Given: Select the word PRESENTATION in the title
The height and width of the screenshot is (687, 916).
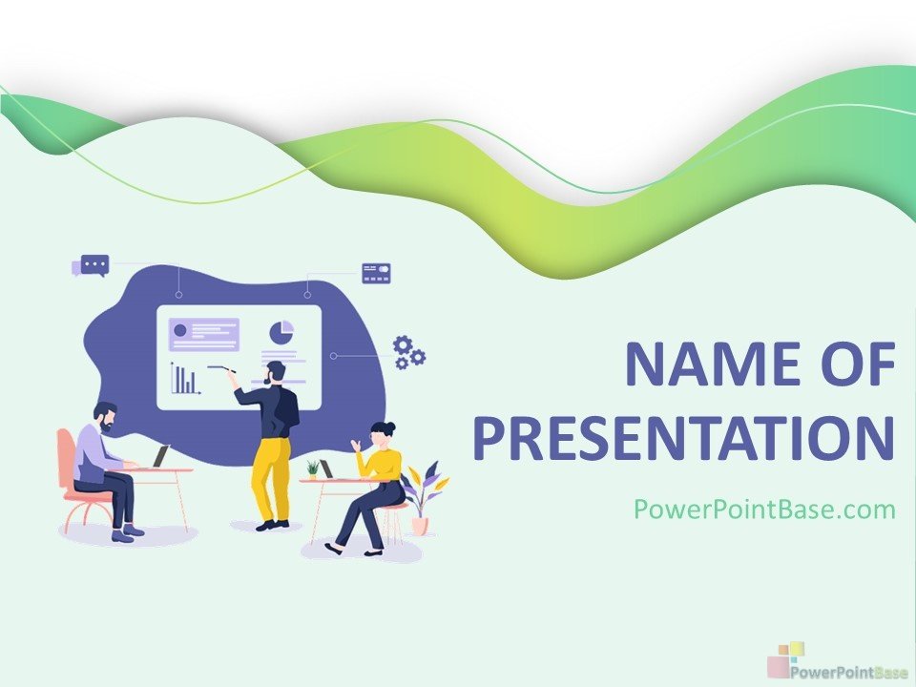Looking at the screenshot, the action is [x=684, y=438].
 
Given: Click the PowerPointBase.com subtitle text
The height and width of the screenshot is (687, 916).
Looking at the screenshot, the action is [x=764, y=509].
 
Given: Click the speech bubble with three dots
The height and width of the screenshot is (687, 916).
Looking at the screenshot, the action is [x=92, y=266].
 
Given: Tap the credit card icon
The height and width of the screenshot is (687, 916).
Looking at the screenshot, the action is [x=376, y=273].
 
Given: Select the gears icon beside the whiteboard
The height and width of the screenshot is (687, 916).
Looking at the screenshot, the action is [x=409, y=352].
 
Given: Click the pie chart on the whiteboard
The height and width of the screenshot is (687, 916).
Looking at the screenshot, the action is [x=281, y=332].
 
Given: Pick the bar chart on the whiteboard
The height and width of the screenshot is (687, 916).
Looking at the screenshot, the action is [x=185, y=379].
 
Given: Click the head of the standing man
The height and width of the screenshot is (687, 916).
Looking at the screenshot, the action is [x=275, y=372].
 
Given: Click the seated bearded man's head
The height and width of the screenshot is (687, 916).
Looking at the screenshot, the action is [x=106, y=417].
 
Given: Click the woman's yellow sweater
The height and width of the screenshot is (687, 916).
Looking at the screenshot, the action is [x=382, y=465].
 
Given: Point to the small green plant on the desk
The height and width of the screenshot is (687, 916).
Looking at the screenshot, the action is [x=313, y=469].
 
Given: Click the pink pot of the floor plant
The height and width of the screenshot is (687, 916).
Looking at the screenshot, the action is [x=420, y=525].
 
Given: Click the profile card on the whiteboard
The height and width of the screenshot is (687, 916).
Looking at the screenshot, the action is [x=204, y=335].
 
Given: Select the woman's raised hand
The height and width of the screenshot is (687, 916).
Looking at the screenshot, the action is [x=355, y=446].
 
